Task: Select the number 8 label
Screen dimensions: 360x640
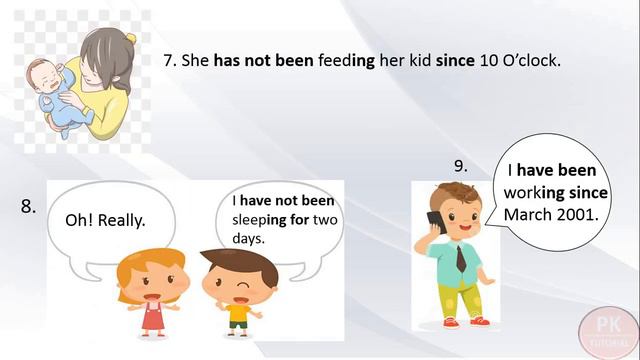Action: [28, 207]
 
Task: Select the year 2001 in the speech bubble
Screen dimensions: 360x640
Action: [576, 215]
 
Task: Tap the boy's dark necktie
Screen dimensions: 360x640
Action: [461, 259]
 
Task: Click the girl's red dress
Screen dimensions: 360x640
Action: [152, 315]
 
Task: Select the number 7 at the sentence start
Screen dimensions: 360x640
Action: [168, 61]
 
